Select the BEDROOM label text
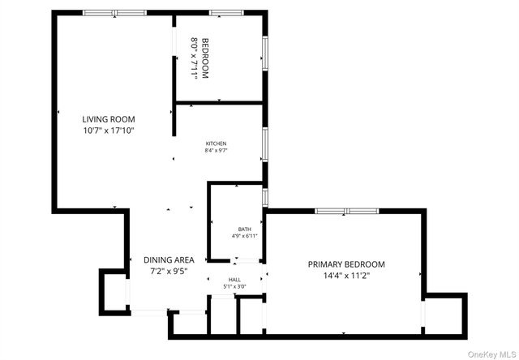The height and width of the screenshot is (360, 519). click(x=205, y=58)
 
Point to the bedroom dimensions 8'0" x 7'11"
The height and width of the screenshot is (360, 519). click(x=194, y=58)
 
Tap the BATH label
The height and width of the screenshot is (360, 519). click(x=244, y=229)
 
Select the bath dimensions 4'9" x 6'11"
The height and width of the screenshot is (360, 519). click(x=244, y=236)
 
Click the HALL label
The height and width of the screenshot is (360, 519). click(x=234, y=280)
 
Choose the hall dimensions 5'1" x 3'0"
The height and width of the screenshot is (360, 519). click(x=234, y=287)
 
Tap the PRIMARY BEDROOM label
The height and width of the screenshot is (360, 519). click(x=346, y=264)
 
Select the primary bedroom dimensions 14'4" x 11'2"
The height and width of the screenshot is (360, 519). click(x=346, y=275)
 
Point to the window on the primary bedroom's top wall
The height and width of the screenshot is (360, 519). click(x=346, y=211)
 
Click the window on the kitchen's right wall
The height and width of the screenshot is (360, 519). click(x=264, y=143)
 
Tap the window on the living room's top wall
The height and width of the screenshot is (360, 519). click(x=114, y=13)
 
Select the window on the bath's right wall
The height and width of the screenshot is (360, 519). click(x=264, y=197)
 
